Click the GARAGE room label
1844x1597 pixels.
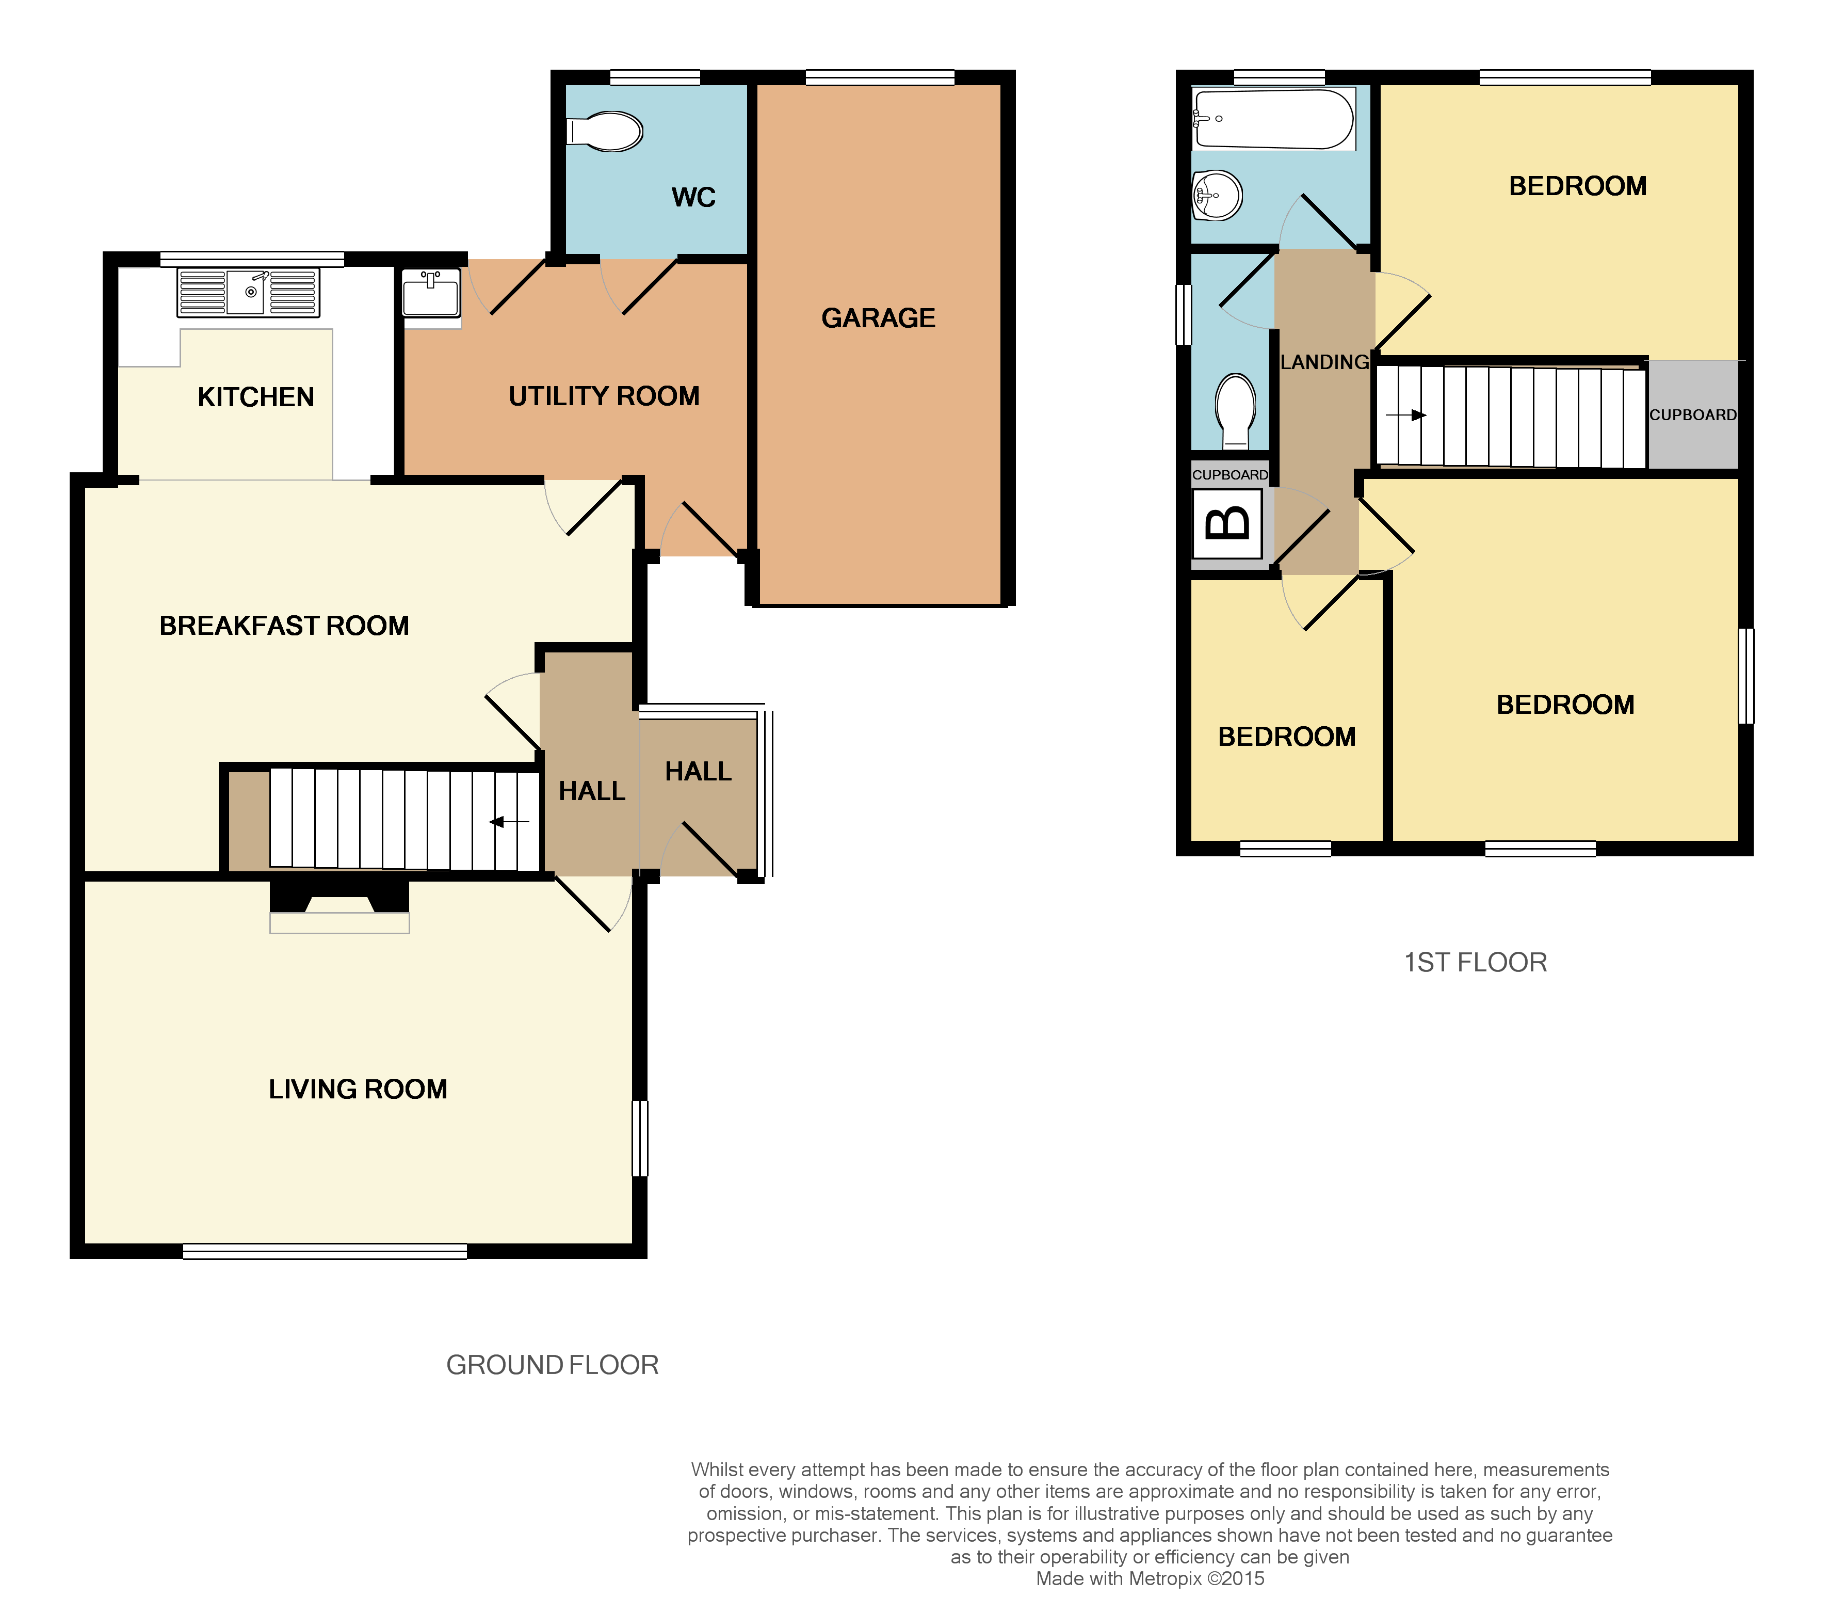click(x=878, y=318)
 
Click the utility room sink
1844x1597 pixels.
click(x=431, y=294)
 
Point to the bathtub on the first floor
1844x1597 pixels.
click(x=1274, y=119)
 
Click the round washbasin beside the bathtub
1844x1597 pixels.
click(x=1217, y=195)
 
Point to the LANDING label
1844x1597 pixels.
click(x=1324, y=362)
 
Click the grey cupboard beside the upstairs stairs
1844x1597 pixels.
click(x=1692, y=414)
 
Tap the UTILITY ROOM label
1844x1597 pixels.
click(x=604, y=396)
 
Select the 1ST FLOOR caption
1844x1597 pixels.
click(x=1475, y=963)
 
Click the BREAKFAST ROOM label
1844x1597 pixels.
click(x=284, y=626)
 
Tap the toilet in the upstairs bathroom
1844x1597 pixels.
click(x=1236, y=409)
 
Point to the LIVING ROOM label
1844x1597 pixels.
click(x=358, y=1089)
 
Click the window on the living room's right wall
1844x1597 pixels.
click(x=640, y=1138)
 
